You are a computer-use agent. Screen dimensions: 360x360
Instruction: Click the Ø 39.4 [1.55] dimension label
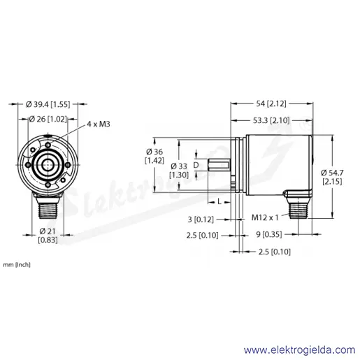48,104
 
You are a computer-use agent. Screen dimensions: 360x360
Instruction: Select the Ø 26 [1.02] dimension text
48,119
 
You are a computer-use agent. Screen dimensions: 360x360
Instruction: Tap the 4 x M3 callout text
99,124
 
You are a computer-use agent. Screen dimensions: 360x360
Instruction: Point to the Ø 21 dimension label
48,235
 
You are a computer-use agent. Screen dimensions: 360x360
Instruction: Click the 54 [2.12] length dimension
271,103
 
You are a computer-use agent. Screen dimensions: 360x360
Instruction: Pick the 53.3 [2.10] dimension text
271,120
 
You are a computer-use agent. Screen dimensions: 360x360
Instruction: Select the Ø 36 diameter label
154,156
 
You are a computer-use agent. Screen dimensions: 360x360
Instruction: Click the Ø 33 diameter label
179,171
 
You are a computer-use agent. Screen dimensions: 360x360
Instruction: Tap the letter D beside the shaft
196,165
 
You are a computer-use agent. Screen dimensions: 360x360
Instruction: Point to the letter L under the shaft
219,202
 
